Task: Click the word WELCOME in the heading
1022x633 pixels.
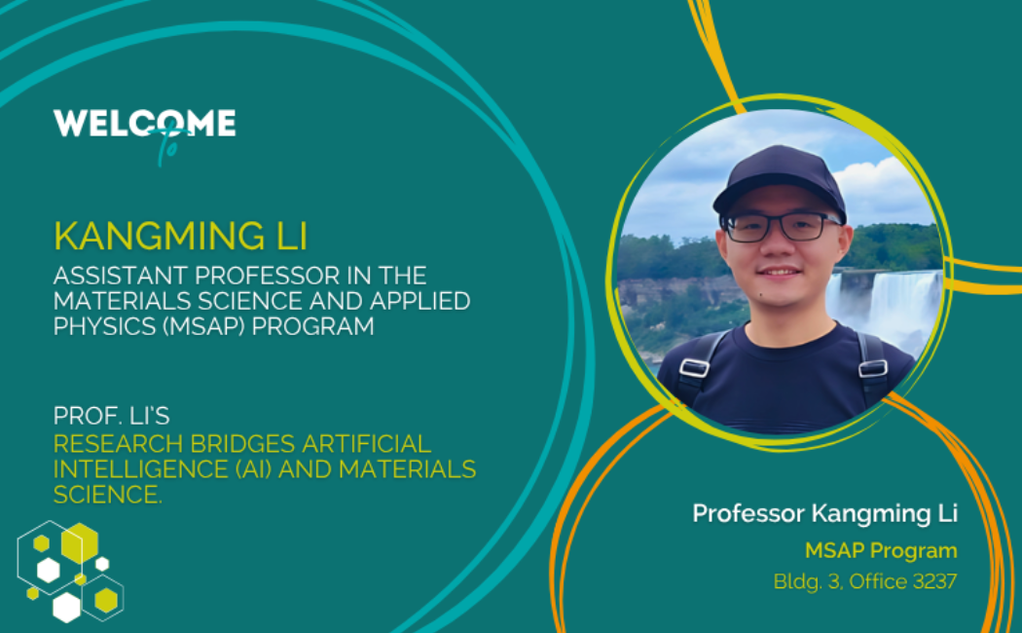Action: click(x=144, y=124)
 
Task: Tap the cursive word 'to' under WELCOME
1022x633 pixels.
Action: click(x=168, y=146)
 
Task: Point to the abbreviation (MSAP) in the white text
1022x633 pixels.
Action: click(x=203, y=326)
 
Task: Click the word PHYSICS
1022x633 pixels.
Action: click(x=104, y=326)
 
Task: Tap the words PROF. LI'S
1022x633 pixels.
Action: click(x=112, y=415)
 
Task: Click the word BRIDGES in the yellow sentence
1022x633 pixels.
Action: click(x=242, y=444)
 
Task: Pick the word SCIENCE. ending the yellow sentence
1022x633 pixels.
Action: click(x=107, y=495)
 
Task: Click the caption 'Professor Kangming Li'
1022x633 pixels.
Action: click(x=824, y=513)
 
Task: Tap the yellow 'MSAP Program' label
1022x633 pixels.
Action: click(x=881, y=551)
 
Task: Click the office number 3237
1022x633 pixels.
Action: click(x=934, y=580)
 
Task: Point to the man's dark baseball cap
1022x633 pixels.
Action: click(x=780, y=180)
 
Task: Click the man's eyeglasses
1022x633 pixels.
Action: click(x=779, y=227)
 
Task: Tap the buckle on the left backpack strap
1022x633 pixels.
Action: click(x=694, y=368)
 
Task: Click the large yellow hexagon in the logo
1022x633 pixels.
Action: click(x=80, y=543)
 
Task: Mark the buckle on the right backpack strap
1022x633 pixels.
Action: click(x=872, y=368)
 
